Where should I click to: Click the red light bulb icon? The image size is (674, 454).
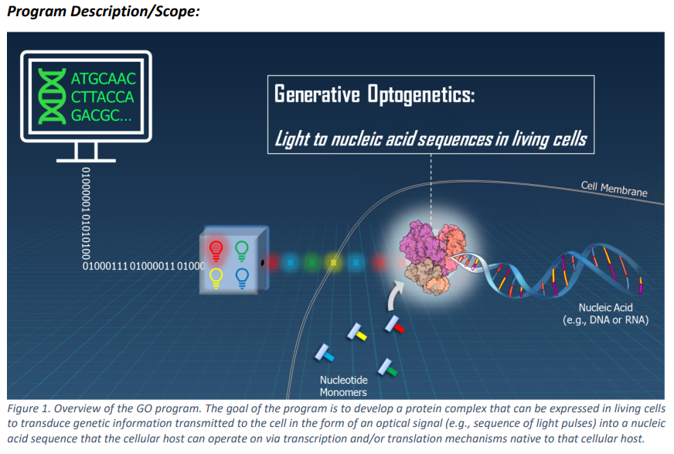(x=216, y=251)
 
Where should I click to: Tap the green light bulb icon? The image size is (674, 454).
(x=242, y=251)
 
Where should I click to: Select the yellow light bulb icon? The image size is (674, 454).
(x=216, y=278)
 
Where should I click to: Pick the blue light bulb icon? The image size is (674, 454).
(x=242, y=278)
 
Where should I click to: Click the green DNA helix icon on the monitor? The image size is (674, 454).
(x=52, y=97)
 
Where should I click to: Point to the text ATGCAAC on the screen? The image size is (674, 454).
(x=103, y=79)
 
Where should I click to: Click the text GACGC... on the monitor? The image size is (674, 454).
(x=101, y=115)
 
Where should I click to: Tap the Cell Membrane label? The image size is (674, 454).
(x=614, y=189)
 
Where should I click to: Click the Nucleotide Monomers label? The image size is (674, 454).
(x=343, y=386)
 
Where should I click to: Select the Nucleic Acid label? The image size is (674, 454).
(x=606, y=314)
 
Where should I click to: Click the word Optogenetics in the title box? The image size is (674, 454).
(x=420, y=94)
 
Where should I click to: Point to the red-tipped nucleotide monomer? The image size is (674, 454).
(x=395, y=325)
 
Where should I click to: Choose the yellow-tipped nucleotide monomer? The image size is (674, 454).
(x=357, y=332)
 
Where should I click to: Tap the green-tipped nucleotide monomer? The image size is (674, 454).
(x=387, y=367)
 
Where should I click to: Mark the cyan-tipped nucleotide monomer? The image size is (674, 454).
(x=324, y=353)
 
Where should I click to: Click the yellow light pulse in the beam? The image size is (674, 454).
(x=333, y=262)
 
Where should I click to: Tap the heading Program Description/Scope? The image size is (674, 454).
(x=104, y=12)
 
